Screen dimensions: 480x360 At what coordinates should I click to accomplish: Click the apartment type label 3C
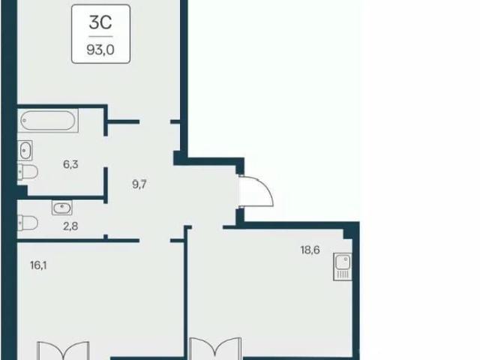pos(100,22)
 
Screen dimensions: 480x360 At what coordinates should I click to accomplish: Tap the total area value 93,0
pos(100,50)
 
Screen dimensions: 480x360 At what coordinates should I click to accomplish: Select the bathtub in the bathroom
pos(48,120)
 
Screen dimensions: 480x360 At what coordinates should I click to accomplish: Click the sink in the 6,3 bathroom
pos(25,150)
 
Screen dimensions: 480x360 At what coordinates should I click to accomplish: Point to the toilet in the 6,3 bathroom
pos(28,172)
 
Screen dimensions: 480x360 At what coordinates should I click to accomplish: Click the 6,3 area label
pos(70,164)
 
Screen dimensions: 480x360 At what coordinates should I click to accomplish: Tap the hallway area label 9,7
pos(139,184)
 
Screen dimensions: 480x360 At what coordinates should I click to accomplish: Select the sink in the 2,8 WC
pos(61,208)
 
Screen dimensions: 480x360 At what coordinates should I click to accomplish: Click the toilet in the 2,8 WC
pos(28,223)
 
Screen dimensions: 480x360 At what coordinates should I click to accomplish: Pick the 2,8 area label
pos(70,226)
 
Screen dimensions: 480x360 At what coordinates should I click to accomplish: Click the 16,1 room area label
pos(38,265)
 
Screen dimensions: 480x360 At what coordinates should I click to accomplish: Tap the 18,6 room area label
pos(310,250)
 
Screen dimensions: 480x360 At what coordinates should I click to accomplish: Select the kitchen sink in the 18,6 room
pos(343,266)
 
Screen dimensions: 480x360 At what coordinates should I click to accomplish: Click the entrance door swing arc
pos(267,189)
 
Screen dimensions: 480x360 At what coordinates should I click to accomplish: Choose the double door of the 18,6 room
pos(215,349)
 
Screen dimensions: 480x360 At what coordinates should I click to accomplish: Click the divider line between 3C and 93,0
pos(100,37)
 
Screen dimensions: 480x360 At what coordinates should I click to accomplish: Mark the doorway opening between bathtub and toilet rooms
pos(106,151)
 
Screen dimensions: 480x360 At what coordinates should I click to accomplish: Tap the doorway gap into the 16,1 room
pos(155,241)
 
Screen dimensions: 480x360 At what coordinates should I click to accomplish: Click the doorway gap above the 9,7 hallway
pos(155,121)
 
